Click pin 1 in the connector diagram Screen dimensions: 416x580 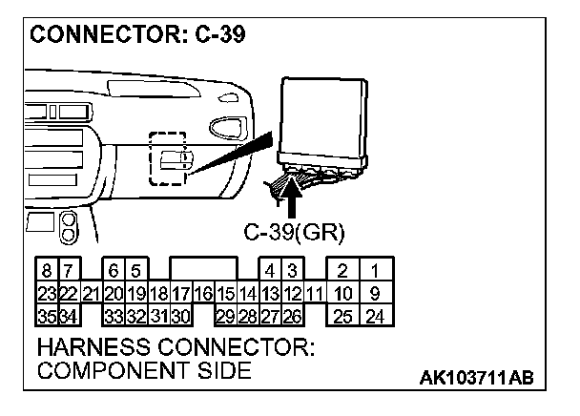[x=375, y=272]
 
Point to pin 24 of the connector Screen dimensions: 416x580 [x=375, y=314]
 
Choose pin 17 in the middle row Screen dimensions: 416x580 [x=181, y=293]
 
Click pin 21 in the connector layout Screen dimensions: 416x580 [x=91, y=293]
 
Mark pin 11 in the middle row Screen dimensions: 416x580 [x=315, y=293]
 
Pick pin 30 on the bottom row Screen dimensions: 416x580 [x=181, y=314]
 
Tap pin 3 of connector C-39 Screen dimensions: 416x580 [x=294, y=272]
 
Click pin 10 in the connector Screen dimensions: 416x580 [x=343, y=293]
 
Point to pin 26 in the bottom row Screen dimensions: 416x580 [x=293, y=314]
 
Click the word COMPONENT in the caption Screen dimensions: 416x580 [x=108, y=371]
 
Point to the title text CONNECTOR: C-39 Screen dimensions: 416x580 [x=139, y=34]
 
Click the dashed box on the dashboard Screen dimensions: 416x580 [x=170, y=157]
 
